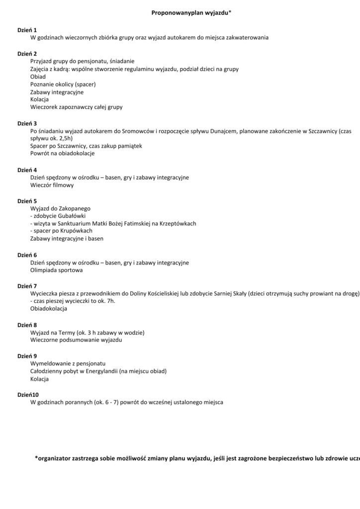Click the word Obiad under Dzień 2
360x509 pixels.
(x=38, y=77)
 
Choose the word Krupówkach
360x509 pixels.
(x=75, y=231)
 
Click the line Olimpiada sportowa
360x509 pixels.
(x=56, y=270)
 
